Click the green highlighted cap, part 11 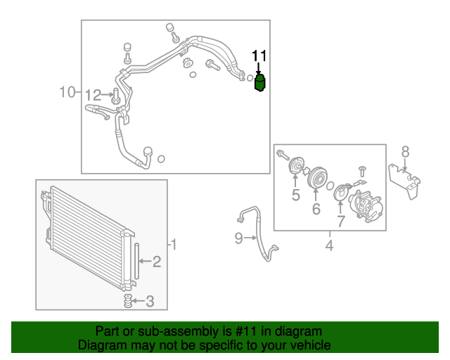(x=259, y=83)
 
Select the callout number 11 (x=259, y=56)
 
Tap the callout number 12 (x=94, y=95)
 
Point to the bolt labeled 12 (x=115, y=96)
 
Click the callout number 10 (x=67, y=92)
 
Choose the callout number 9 (x=238, y=238)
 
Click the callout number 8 (x=405, y=152)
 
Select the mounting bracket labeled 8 (x=405, y=180)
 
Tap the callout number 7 (x=340, y=221)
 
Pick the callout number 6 (x=316, y=209)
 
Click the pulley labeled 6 (x=317, y=177)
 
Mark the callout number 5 (x=296, y=195)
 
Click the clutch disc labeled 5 (x=296, y=165)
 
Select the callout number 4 (x=330, y=245)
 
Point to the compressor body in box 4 (x=364, y=205)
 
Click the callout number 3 (x=150, y=301)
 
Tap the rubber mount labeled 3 (x=128, y=301)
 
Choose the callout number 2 (x=157, y=262)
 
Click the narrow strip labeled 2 (x=136, y=261)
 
